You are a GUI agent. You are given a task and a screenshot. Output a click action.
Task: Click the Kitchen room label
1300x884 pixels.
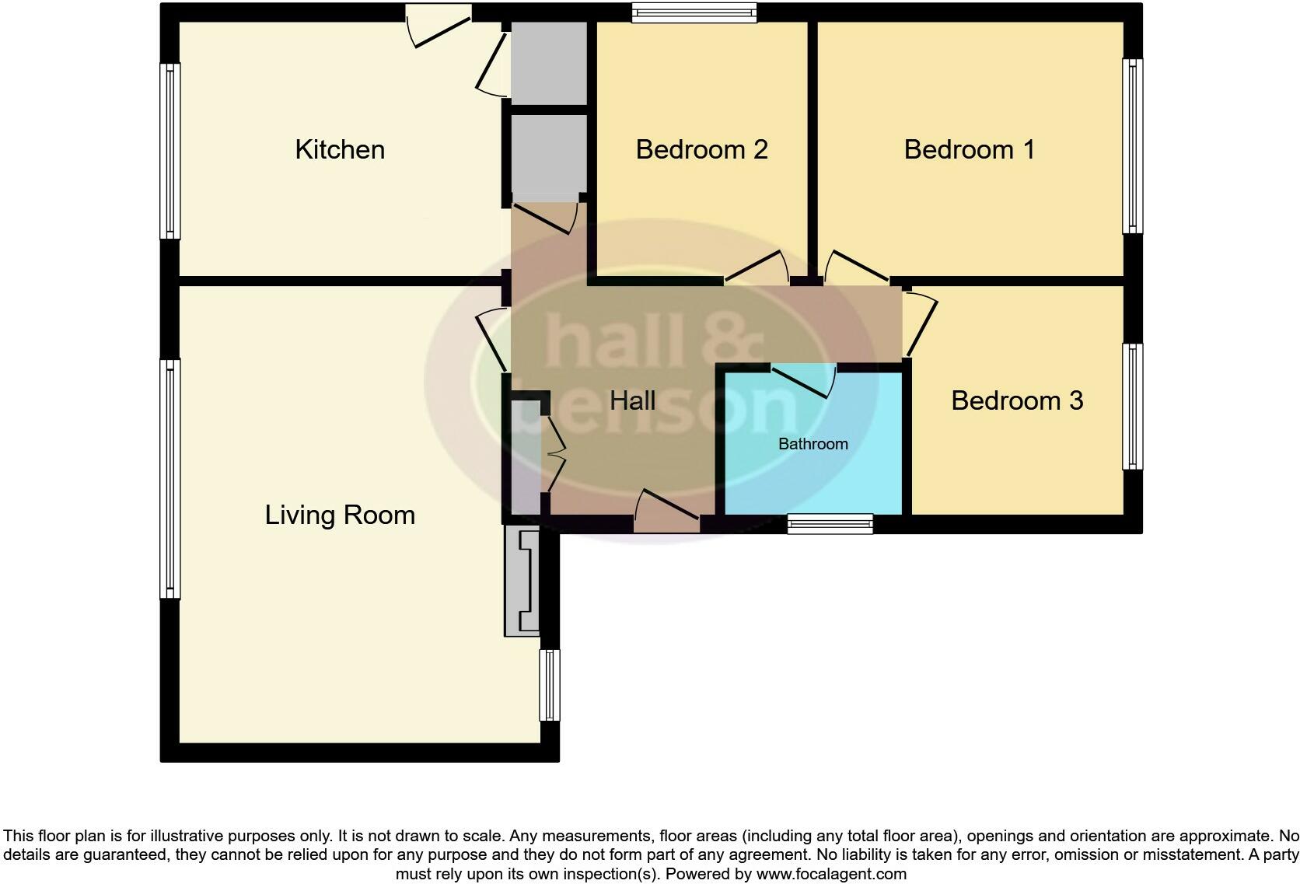pos(340,149)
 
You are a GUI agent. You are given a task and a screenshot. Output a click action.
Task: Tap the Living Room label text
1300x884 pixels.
pos(340,515)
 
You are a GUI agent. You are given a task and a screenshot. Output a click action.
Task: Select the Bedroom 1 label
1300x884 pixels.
pos(969,149)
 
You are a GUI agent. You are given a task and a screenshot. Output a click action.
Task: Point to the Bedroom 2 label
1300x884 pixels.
pos(701,149)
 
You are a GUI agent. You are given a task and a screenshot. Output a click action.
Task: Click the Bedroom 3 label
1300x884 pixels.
pos(1016,400)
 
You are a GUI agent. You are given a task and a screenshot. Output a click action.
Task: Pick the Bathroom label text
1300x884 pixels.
pos(812,444)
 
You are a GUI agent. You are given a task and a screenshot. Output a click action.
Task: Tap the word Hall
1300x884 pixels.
pos(632,401)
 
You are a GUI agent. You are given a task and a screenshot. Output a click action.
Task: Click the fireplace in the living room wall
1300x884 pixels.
pos(522,581)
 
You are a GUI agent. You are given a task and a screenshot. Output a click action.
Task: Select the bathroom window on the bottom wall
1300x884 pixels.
pos(830,524)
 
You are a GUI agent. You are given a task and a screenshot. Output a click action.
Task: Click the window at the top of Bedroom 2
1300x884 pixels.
pos(694,12)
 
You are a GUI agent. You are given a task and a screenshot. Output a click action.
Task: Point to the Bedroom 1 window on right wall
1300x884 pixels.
pos(1133,145)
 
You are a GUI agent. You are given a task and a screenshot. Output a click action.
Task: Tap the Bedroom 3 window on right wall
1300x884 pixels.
pos(1133,407)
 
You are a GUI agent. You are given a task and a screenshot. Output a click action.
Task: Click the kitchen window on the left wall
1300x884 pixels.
pos(169,151)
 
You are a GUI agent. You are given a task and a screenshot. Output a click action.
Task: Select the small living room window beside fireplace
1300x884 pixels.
pos(549,685)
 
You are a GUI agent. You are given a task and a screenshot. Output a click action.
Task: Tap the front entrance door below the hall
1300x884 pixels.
pos(667,516)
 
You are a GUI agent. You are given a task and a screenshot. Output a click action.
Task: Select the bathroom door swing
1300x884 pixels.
pos(804,380)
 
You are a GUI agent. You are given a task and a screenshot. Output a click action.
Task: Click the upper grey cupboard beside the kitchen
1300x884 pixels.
pos(549,62)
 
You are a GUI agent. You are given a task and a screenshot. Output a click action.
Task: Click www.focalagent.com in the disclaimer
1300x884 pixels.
pos(830,874)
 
